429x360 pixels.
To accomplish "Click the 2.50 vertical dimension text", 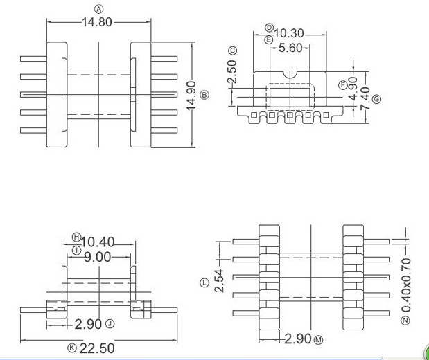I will click(233, 72).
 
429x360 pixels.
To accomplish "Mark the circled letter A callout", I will click(98, 9).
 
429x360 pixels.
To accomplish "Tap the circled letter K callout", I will click(71, 348).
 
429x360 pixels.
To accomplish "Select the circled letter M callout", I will click(319, 339).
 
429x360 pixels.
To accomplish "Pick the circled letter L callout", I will click(204, 283).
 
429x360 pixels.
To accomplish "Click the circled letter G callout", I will click(376, 100).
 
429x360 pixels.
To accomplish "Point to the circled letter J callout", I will click(110, 323).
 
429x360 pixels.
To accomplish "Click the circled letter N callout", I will click(404, 320).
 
